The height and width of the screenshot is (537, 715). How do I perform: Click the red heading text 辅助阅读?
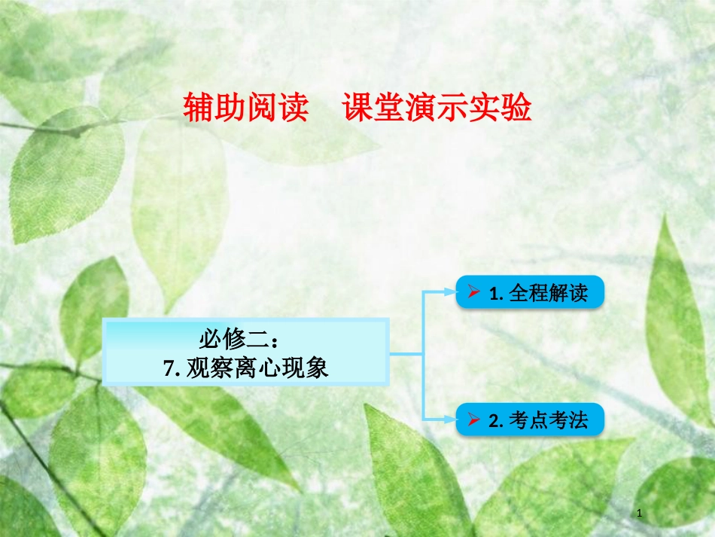click(x=245, y=108)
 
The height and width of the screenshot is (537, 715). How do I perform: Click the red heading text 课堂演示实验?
click(x=437, y=108)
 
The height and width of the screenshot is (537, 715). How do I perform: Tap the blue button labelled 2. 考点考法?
click(x=530, y=420)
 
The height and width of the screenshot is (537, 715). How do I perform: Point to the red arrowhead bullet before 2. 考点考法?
click(x=474, y=420)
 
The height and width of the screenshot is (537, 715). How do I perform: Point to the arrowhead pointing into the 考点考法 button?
click(x=449, y=419)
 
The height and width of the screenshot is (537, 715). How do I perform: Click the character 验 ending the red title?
click(x=519, y=108)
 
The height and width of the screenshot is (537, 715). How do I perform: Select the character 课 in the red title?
click(x=356, y=108)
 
